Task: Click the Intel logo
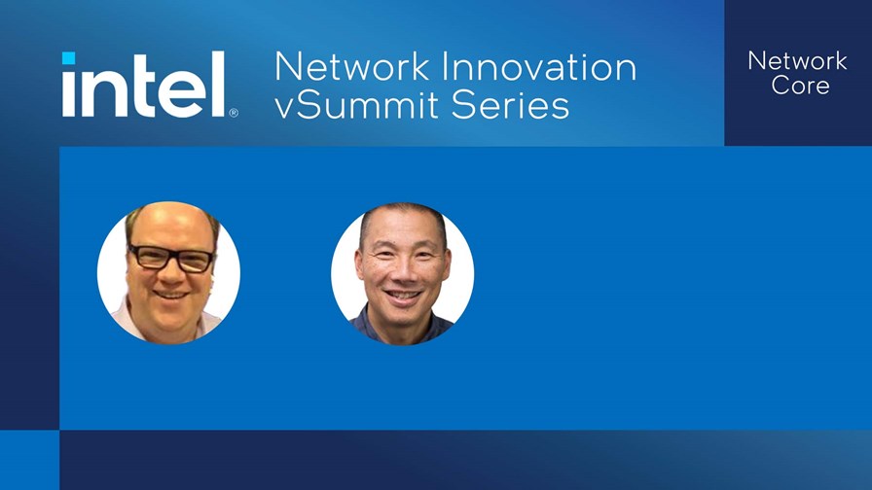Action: tap(150, 85)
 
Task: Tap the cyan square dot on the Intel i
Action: tap(68, 57)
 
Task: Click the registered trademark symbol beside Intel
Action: tap(234, 113)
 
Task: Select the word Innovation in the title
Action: tap(539, 67)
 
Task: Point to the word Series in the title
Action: tap(511, 104)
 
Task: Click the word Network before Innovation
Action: tap(352, 67)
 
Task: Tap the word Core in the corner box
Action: tap(800, 86)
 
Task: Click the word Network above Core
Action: tap(797, 60)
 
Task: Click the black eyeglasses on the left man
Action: tap(170, 259)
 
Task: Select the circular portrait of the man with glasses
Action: tap(168, 272)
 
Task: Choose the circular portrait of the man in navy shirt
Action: tap(402, 273)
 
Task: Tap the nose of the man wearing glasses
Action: tap(169, 271)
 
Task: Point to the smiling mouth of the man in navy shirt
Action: tap(403, 296)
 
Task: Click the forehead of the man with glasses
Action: tap(170, 226)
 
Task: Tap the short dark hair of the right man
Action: tap(403, 214)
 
